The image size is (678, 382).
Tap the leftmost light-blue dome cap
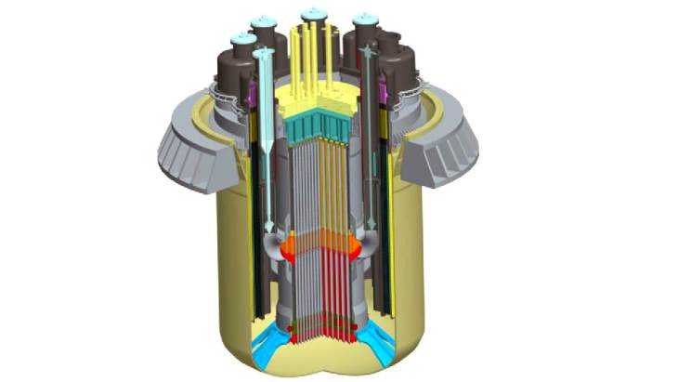[x=243, y=39]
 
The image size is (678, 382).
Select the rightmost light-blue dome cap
[x=365, y=20]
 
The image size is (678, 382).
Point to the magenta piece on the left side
[x=251, y=94]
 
